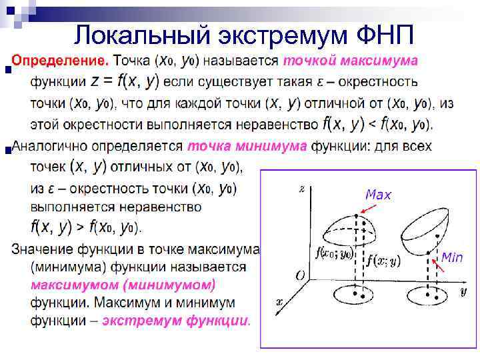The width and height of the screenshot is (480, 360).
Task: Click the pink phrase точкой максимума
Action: pos(351,61)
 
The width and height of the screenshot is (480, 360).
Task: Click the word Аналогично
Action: pos(54,146)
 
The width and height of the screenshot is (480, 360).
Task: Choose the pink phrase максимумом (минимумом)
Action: pos(123,285)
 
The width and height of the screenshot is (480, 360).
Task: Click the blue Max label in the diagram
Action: pos(378,195)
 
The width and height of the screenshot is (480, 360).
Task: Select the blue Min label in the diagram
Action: pos(451,258)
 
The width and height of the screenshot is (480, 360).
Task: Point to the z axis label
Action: pos(303,189)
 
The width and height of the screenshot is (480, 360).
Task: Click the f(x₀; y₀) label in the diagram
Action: pos(335,253)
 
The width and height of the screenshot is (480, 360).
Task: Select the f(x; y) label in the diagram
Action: pos(382,261)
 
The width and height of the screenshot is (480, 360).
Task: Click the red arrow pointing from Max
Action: pos(367,207)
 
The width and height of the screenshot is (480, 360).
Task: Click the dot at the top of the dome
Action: pos(357,215)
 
